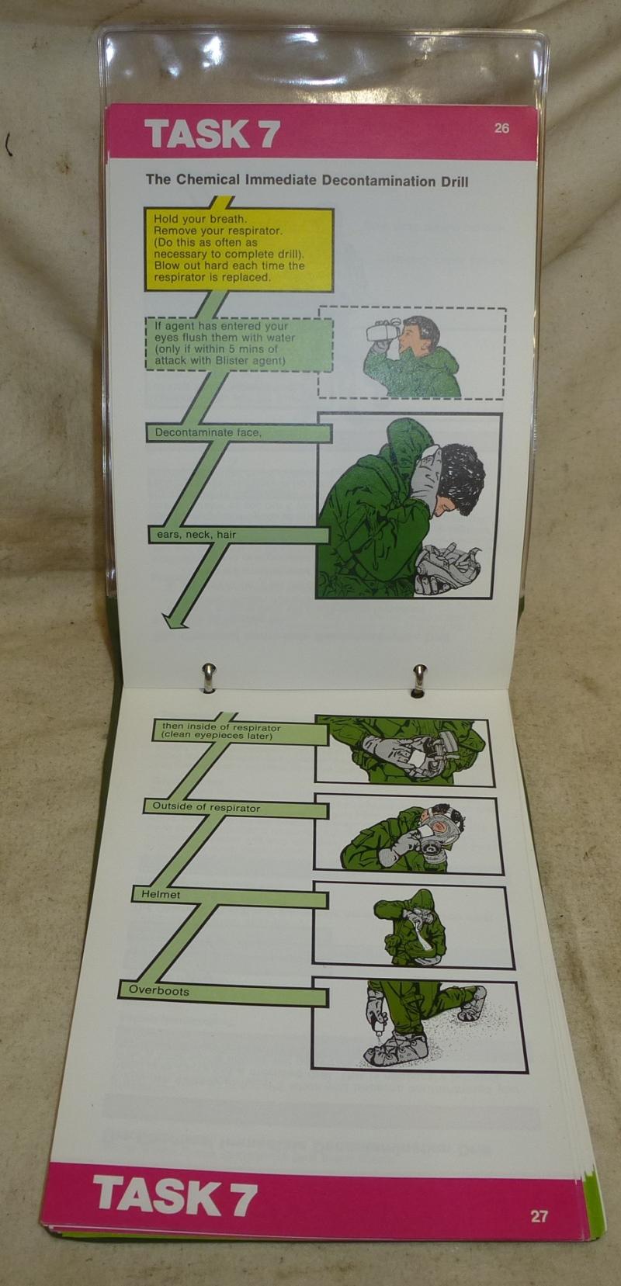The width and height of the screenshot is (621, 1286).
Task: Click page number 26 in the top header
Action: [501, 127]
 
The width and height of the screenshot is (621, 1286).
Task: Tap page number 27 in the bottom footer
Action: [539, 1216]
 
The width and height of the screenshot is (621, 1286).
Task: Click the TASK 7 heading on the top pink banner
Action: [212, 134]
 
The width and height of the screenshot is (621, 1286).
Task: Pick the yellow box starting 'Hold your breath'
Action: [238, 248]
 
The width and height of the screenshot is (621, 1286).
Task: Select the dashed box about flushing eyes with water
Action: [239, 343]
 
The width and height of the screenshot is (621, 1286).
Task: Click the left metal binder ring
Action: [209, 678]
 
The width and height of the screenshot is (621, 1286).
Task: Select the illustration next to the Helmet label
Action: [413, 926]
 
